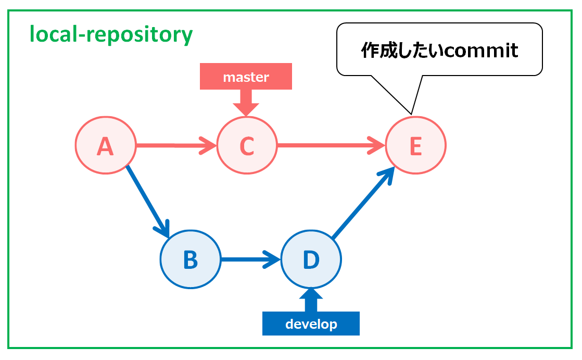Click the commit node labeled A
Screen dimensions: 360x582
coord(105,146)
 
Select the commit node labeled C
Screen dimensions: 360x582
coord(247,146)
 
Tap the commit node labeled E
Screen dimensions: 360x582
coord(415,146)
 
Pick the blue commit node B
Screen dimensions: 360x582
coord(190,259)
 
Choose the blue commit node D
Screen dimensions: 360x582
coord(311,259)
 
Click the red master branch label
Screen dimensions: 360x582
coord(246,77)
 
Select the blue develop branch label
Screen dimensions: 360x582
coord(311,324)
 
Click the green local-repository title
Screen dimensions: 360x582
coord(111,35)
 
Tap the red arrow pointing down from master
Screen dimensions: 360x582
coord(246,102)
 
